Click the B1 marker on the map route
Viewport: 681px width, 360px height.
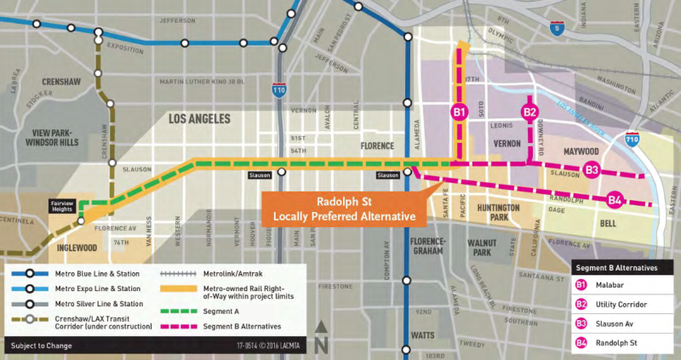point(459,112)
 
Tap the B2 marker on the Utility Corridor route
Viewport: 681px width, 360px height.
point(529,112)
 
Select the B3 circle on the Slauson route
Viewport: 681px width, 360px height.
point(592,170)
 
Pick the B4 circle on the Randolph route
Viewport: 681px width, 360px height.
point(615,201)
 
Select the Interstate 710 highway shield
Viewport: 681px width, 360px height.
point(631,138)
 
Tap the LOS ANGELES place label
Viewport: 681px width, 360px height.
point(203,118)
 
